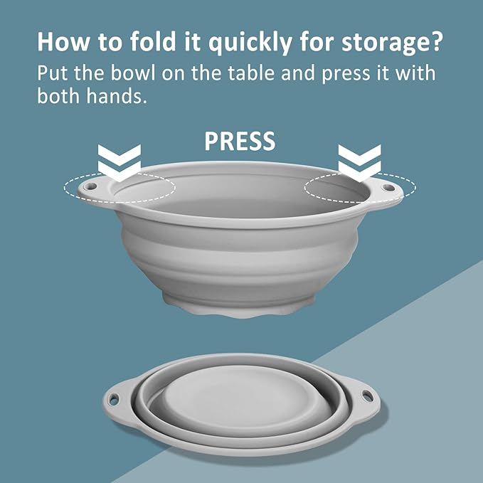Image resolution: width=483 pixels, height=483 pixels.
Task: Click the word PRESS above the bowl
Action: [x=240, y=141]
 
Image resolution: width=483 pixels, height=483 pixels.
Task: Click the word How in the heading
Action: [x=63, y=41]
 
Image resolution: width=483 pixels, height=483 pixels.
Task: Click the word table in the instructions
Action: [x=251, y=73]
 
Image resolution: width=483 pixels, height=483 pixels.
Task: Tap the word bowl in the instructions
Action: [x=133, y=73]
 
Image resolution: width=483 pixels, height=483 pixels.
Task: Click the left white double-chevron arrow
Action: [x=120, y=163]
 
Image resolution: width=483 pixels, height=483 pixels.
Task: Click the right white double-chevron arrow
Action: [x=359, y=163]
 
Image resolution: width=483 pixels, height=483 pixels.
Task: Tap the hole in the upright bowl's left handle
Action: [x=90, y=186]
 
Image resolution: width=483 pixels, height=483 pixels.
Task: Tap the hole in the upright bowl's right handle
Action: [x=388, y=187]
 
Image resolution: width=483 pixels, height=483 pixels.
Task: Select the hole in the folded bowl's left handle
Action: [x=114, y=399]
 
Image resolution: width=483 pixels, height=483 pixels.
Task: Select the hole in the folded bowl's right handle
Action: [x=367, y=396]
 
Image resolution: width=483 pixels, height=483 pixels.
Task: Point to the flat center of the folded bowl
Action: [x=240, y=398]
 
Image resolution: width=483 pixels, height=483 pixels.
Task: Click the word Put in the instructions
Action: [x=53, y=73]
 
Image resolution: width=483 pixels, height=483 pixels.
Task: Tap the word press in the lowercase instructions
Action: [x=346, y=75]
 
